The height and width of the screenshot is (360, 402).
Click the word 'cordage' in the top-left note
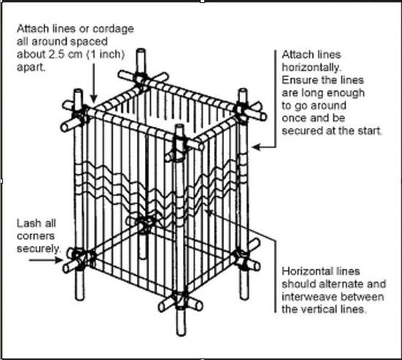pyautogui.click(x=113, y=29)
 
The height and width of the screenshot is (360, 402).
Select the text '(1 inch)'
pyautogui.click(x=105, y=54)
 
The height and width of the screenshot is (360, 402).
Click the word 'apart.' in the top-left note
pyautogui.click(x=31, y=67)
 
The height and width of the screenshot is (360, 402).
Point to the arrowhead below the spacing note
pyautogui.click(x=94, y=98)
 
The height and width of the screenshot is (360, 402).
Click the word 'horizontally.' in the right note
pyautogui.click(x=311, y=67)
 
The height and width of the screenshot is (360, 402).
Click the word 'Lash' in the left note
pyautogui.click(x=28, y=223)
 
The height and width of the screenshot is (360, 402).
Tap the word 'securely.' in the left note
pyautogui.click(x=39, y=249)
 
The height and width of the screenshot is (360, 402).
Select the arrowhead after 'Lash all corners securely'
pyautogui.click(x=59, y=260)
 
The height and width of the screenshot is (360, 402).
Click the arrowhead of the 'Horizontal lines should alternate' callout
pyautogui.click(x=209, y=213)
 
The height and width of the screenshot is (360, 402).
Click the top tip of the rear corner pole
pyautogui.click(x=141, y=50)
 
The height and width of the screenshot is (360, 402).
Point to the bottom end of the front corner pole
pyautogui.click(x=181, y=334)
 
